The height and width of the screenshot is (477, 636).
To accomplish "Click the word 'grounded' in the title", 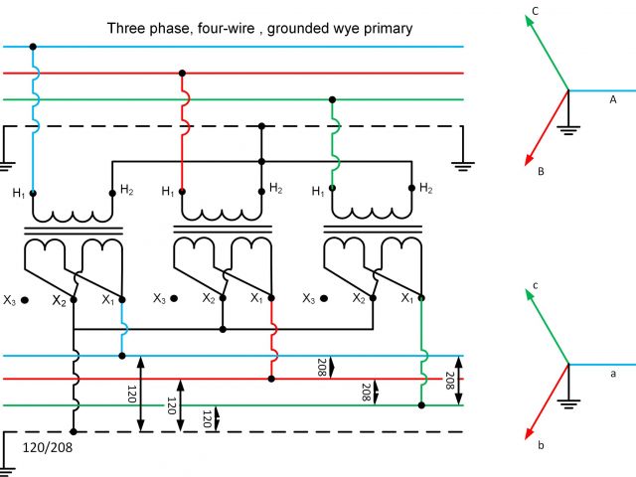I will tap(299, 28).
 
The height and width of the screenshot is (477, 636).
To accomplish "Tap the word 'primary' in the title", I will tap(384, 28).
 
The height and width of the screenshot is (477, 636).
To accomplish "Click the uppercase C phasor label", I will tap(536, 12).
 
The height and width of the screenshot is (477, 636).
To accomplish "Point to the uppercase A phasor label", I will tap(612, 99).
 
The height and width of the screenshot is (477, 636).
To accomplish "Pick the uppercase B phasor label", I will tap(541, 172).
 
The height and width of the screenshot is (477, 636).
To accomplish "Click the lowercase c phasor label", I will tap(536, 285).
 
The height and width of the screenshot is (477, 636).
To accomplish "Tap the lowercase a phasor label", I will tap(612, 373).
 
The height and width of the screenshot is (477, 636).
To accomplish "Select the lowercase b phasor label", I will tap(541, 445).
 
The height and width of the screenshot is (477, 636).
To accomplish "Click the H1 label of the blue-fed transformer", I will tap(17, 193).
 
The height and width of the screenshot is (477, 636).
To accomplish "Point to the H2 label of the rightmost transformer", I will tap(425, 188).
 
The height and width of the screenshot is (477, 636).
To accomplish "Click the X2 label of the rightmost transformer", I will tap(358, 298).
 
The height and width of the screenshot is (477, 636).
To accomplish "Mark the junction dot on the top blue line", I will tap(33, 47).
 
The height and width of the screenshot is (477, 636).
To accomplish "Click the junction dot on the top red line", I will tap(182, 73).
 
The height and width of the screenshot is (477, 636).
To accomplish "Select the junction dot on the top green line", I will tap(331, 99).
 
